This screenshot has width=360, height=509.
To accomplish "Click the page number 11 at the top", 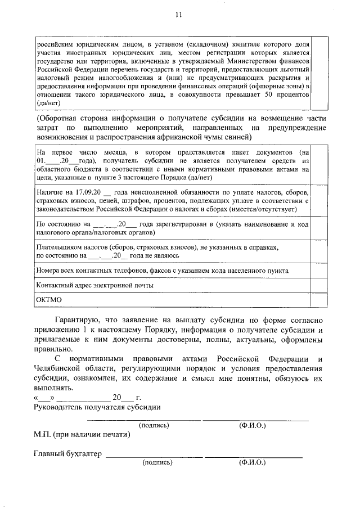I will (x=179, y=14).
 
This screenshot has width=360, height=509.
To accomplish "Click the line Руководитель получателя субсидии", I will (x=97, y=407).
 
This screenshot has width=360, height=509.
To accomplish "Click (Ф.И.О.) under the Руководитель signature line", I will (x=253, y=425).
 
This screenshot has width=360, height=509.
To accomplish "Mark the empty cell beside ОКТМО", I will (x=318, y=299).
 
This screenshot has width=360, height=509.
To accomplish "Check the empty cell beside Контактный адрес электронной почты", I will (x=318, y=285).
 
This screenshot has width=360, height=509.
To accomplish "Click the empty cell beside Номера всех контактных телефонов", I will (x=318, y=271).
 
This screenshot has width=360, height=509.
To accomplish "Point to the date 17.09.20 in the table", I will (x=84, y=193).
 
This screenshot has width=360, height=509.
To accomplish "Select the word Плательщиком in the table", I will (x=58, y=247).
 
